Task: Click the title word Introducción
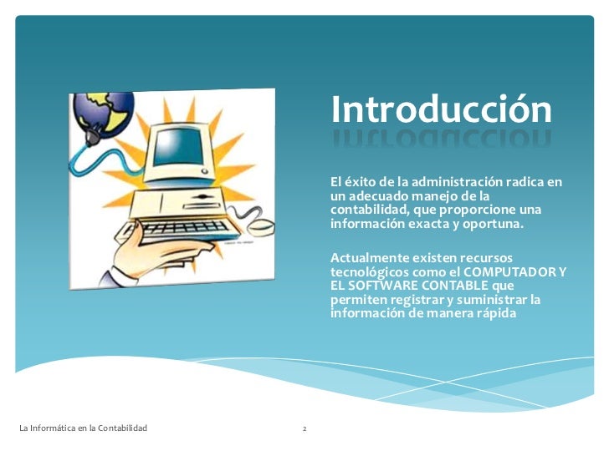click(x=441, y=109)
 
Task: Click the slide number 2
click(x=304, y=429)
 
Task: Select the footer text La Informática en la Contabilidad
click(x=83, y=428)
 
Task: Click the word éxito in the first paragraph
click(x=358, y=181)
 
